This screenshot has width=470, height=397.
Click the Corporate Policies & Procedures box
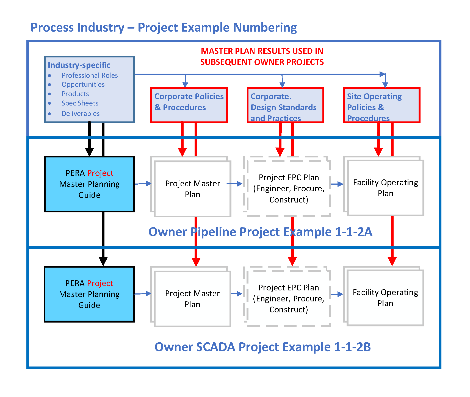point(189,105)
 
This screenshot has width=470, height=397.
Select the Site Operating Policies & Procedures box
point(381,105)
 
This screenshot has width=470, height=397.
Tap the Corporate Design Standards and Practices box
point(285,105)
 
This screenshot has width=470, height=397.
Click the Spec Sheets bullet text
point(80,103)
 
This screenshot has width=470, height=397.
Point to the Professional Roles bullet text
point(90,76)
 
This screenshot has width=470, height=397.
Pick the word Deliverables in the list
point(81,114)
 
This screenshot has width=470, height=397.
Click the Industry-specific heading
point(79,65)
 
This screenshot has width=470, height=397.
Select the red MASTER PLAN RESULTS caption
point(262,57)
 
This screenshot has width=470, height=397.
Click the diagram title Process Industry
point(164,27)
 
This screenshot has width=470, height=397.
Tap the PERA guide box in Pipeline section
point(89,184)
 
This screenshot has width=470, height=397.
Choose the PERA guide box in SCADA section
point(89,294)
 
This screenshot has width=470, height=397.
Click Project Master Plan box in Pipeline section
point(192,189)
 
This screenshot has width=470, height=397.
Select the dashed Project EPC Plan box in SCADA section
point(289,298)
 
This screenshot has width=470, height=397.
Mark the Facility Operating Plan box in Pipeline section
point(385,188)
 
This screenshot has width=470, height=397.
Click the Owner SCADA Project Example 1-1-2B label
point(262,347)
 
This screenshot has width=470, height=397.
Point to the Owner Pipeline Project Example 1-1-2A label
point(260,232)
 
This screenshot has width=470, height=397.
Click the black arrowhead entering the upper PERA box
point(89,152)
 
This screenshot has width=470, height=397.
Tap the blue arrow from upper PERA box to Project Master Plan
point(143,184)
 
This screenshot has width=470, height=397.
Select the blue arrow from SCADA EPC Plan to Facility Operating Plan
point(337,294)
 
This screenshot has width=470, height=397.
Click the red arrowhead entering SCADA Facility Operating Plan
point(392,261)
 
